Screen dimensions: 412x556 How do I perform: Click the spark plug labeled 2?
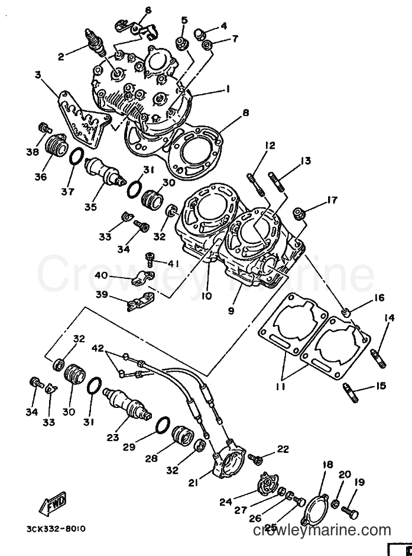tap(95, 42)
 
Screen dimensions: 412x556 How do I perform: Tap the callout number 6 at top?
tap(148, 10)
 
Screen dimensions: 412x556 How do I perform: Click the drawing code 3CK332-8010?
tap(56, 529)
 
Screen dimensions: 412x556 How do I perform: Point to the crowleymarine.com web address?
tap(323, 530)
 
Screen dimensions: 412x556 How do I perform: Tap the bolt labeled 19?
tap(350, 512)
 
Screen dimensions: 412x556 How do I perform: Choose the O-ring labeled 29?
tap(162, 425)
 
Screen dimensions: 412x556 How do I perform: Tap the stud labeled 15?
tap(351, 393)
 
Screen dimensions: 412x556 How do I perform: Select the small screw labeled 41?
tap(150, 259)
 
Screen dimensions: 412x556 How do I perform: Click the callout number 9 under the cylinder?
tap(231, 311)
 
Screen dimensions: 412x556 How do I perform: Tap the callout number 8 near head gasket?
tap(246, 113)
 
